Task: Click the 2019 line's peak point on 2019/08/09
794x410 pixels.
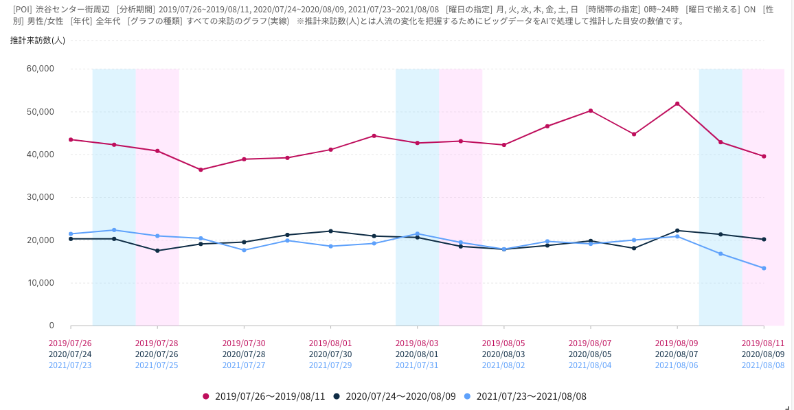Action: (x=677, y=104)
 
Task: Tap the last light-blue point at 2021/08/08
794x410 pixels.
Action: (x=764, y=268)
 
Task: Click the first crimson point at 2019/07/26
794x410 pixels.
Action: (x=71, y=139)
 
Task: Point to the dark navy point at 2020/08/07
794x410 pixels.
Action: (x=677, y=231)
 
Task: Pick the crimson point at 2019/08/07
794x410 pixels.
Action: (x=591, y=111)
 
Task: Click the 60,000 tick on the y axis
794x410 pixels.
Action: (x=40, y=69)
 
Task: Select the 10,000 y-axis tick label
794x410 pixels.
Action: (x=40, y=283)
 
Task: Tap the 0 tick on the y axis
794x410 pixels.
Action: (x=51, y=326)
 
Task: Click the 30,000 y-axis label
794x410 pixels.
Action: (x=40, y=197)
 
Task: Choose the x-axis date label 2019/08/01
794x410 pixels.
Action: (x=330, y=343)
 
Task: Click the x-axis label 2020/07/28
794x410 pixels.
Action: (x=244, y=354)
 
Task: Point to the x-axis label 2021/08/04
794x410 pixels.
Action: (x=590, y=365)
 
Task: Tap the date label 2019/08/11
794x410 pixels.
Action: (x=763, y=343)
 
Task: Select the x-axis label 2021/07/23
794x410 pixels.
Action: (x=70, y=365)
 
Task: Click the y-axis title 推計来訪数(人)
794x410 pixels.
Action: (x=38, y=41)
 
